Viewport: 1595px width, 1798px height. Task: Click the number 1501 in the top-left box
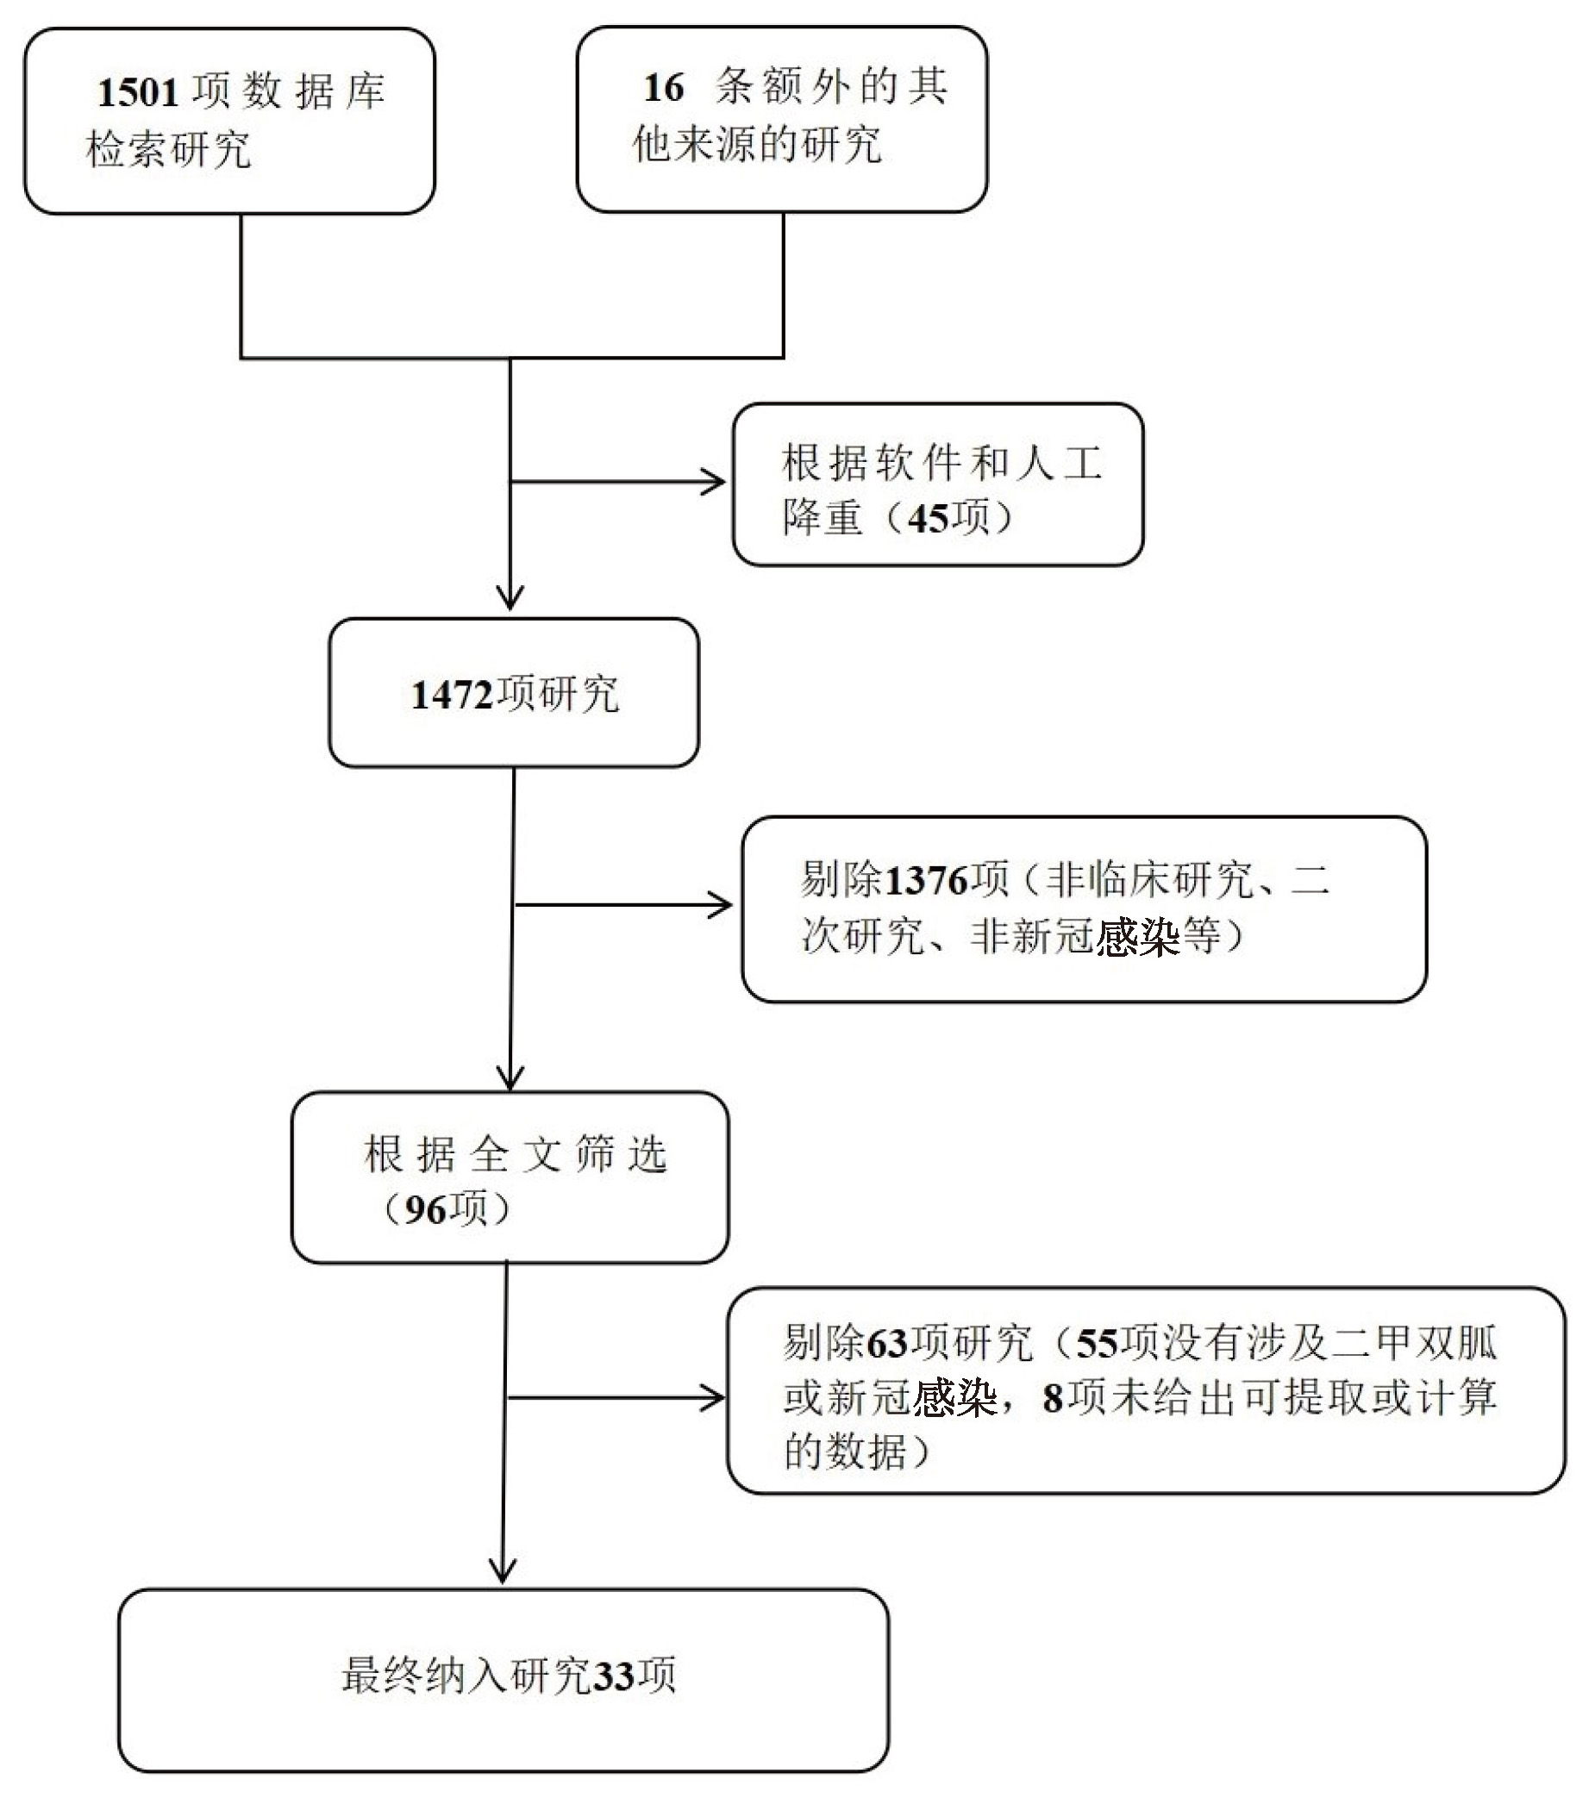pyautogui.click(x=138, y=92)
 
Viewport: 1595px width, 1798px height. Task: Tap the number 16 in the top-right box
pyautogui.click(x=663, y=88)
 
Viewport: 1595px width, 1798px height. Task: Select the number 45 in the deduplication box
pyautogui.click(x=929, y=518)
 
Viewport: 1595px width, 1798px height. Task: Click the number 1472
pyautogui.click(x=451, y=696)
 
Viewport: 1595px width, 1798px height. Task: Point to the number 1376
pyautogui.click(x=925, y=881)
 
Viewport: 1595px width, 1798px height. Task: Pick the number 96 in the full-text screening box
pyautogui.click(x=425, y=1210)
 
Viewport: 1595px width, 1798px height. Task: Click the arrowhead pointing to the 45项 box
pyautogui.click(x=716, y=482)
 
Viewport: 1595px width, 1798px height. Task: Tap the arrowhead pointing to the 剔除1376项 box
pyautogui.click(x=722, y=904)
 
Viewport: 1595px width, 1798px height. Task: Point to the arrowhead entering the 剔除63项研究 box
pyautogui.click(x=716, y=1398)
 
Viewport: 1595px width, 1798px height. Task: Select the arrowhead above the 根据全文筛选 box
pyautogui.click(x=510, y=1079)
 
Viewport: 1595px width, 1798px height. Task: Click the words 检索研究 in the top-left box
pyautogui.click(x=169, y=149)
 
